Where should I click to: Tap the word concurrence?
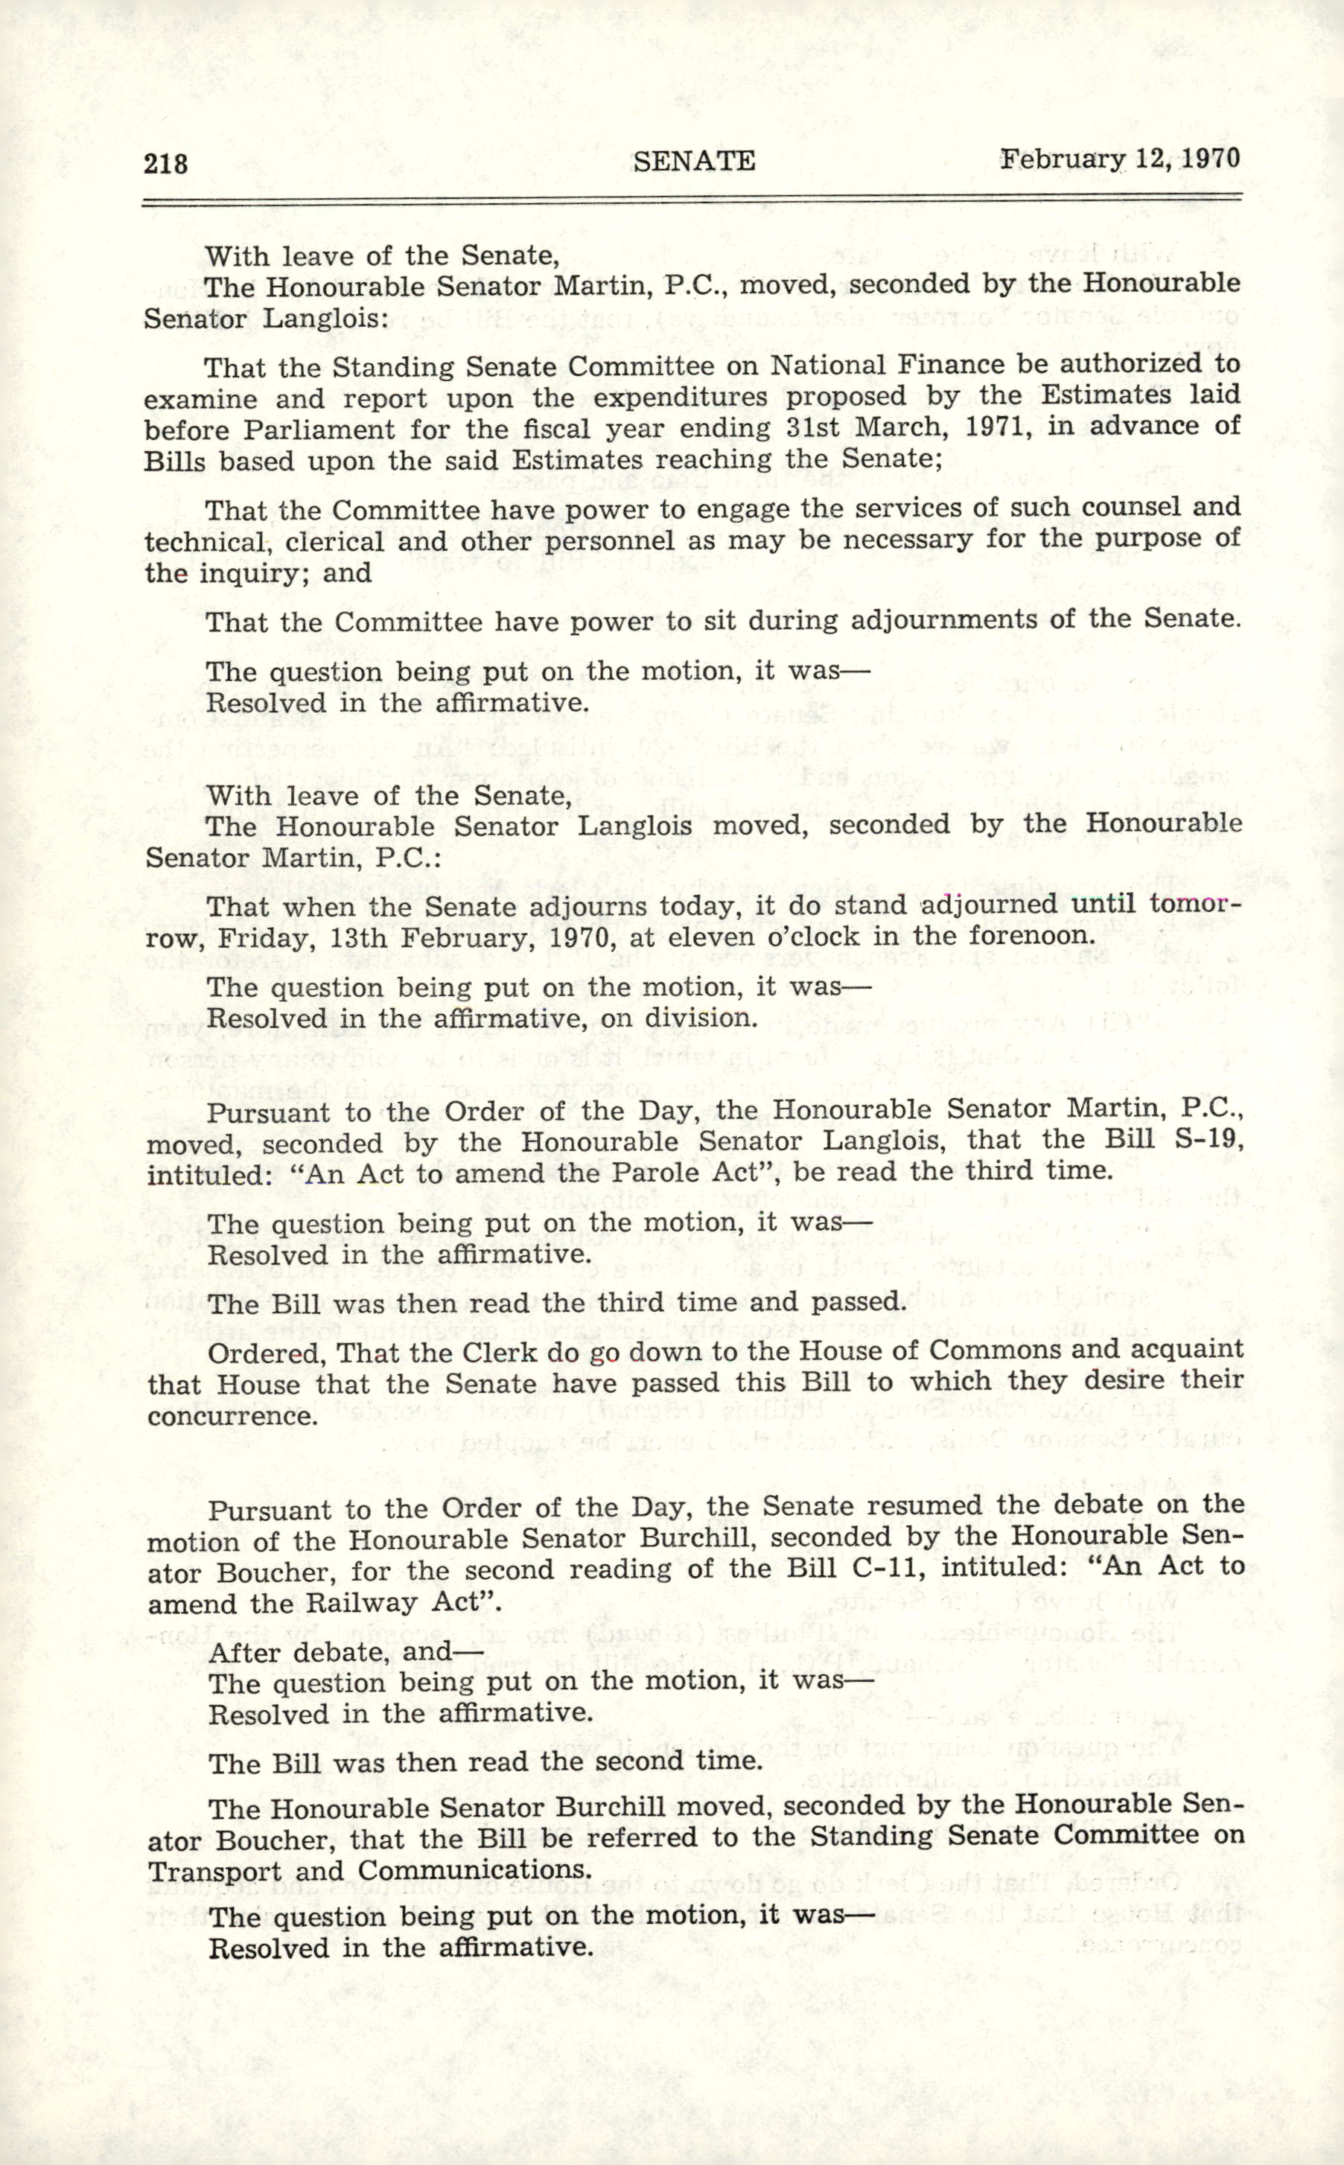(x=233, y=1415)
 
